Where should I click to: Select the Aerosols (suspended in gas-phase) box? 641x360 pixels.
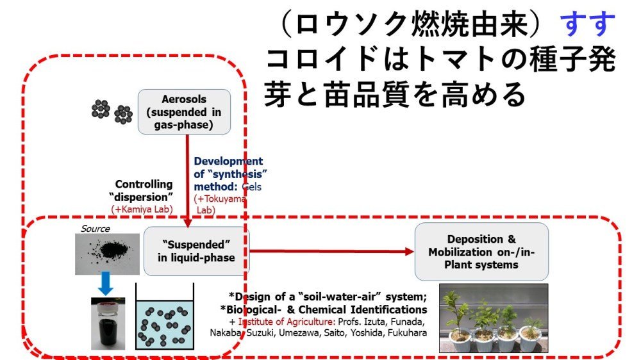point(184,111)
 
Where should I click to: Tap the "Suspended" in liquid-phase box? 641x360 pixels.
point(196,250)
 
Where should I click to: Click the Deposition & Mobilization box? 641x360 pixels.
point(481,251)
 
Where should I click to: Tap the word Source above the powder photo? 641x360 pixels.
point(95,229)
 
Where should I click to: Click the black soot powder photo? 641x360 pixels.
point(106,254)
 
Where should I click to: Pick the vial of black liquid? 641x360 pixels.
point(108,323)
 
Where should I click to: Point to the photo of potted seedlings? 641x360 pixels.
point(494,318)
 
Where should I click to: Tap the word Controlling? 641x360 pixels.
point(144,184)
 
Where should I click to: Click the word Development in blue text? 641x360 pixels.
point(228,161)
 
